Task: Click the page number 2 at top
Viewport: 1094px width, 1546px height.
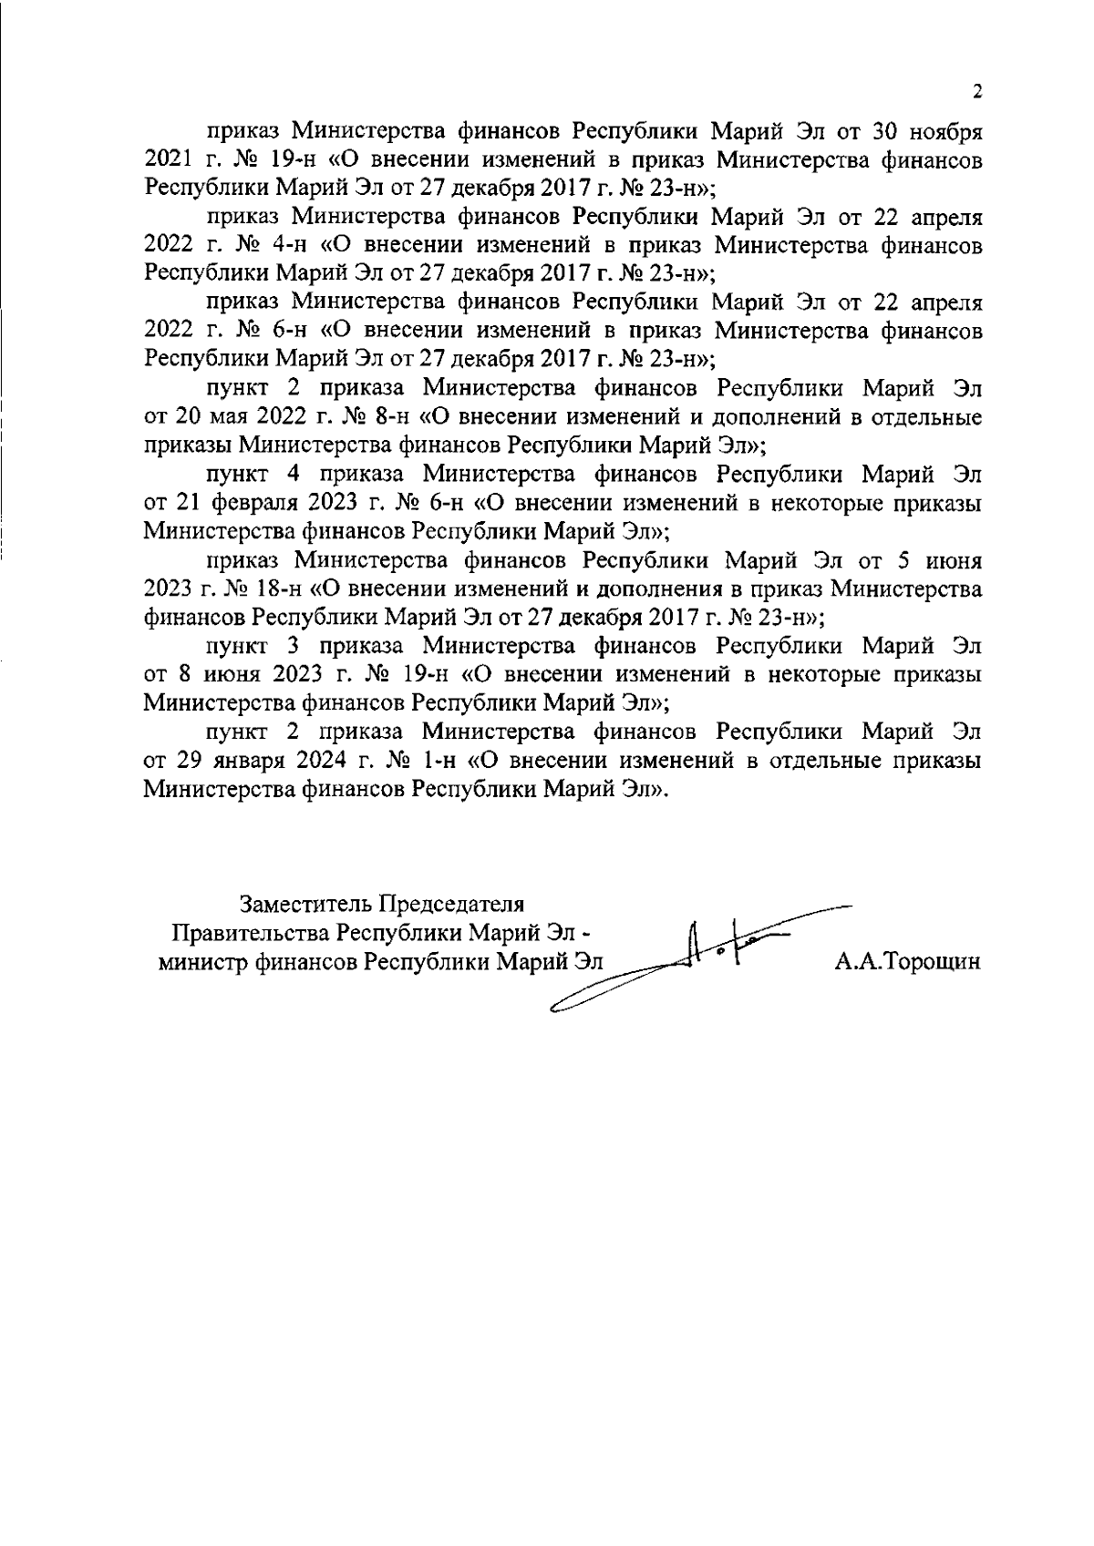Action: [977, 91]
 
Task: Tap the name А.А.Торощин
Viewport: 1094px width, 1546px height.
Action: [907, 962]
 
